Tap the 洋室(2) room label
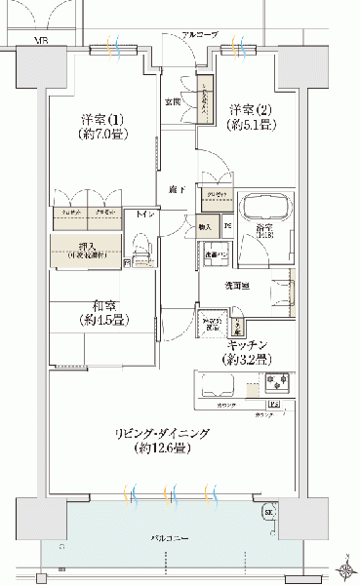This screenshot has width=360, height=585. [x=251, y=108]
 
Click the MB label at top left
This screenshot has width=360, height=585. [x=43, y=41]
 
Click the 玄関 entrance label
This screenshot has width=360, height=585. [x=172, y=100]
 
